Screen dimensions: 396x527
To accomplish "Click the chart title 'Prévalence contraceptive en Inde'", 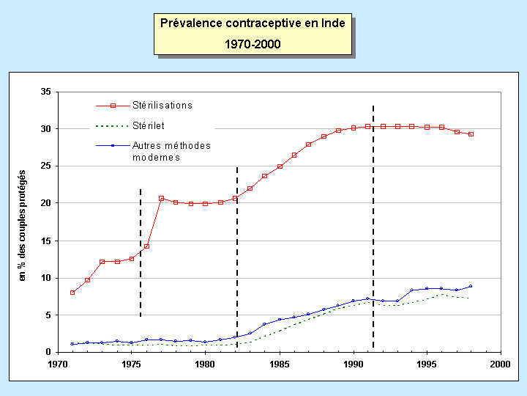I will coord(253,23).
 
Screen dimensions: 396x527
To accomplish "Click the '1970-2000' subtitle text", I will coord(253,44).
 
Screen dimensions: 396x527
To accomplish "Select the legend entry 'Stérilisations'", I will coord(162,105).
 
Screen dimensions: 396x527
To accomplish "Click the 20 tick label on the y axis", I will coord(45,203).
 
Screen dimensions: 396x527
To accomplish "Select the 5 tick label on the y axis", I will coord(48,315).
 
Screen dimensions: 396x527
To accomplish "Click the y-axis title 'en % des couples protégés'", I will coord(22,225).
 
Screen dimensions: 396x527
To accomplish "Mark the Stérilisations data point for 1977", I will coord(161,199).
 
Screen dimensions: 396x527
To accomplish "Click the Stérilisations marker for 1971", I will coord(72,293).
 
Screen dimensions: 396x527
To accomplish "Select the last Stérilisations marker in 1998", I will coord(471,134).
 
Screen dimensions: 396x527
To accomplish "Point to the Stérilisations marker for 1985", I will coord(280,166).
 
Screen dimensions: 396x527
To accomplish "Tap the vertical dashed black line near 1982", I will coord(236,257).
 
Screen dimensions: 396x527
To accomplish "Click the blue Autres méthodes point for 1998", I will coord(471,286).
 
